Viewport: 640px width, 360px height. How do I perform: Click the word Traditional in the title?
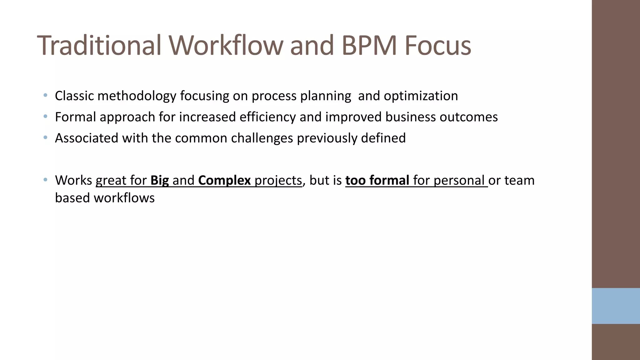coord(99,46)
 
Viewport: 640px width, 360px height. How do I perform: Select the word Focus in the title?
coord(438,46)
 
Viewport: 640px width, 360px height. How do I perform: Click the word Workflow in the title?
coord(227,46)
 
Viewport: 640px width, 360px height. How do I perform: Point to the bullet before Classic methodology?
coord(46,95)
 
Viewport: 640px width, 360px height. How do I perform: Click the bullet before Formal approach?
coord(46,116)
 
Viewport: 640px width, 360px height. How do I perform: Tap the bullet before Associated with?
coord(46,137)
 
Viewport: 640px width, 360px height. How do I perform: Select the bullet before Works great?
coord(46,180)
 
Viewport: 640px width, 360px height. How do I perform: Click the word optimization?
coord(421,96)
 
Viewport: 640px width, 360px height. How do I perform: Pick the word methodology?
coord(137,96)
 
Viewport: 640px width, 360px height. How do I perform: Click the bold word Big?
coord(159,181)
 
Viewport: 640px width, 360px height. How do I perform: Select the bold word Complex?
coord(224,181)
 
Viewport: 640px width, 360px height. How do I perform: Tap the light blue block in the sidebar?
coord(616,306)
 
